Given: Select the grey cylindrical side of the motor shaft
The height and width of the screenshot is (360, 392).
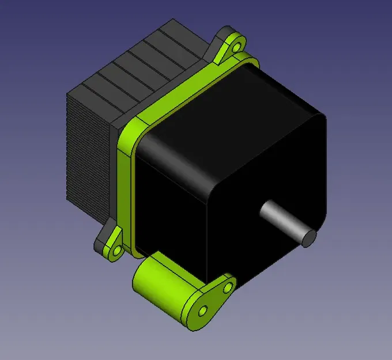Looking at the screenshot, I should pyautogui.click(x=282, y=219).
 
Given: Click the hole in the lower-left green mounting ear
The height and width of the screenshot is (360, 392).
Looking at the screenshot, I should pyautogui.click(x=116, y=251).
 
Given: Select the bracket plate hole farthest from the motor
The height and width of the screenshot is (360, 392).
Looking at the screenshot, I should pyautogui.click(x=202, y=311).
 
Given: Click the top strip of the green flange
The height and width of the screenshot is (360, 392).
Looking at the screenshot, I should pyautogui.click(x=190, y=86).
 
